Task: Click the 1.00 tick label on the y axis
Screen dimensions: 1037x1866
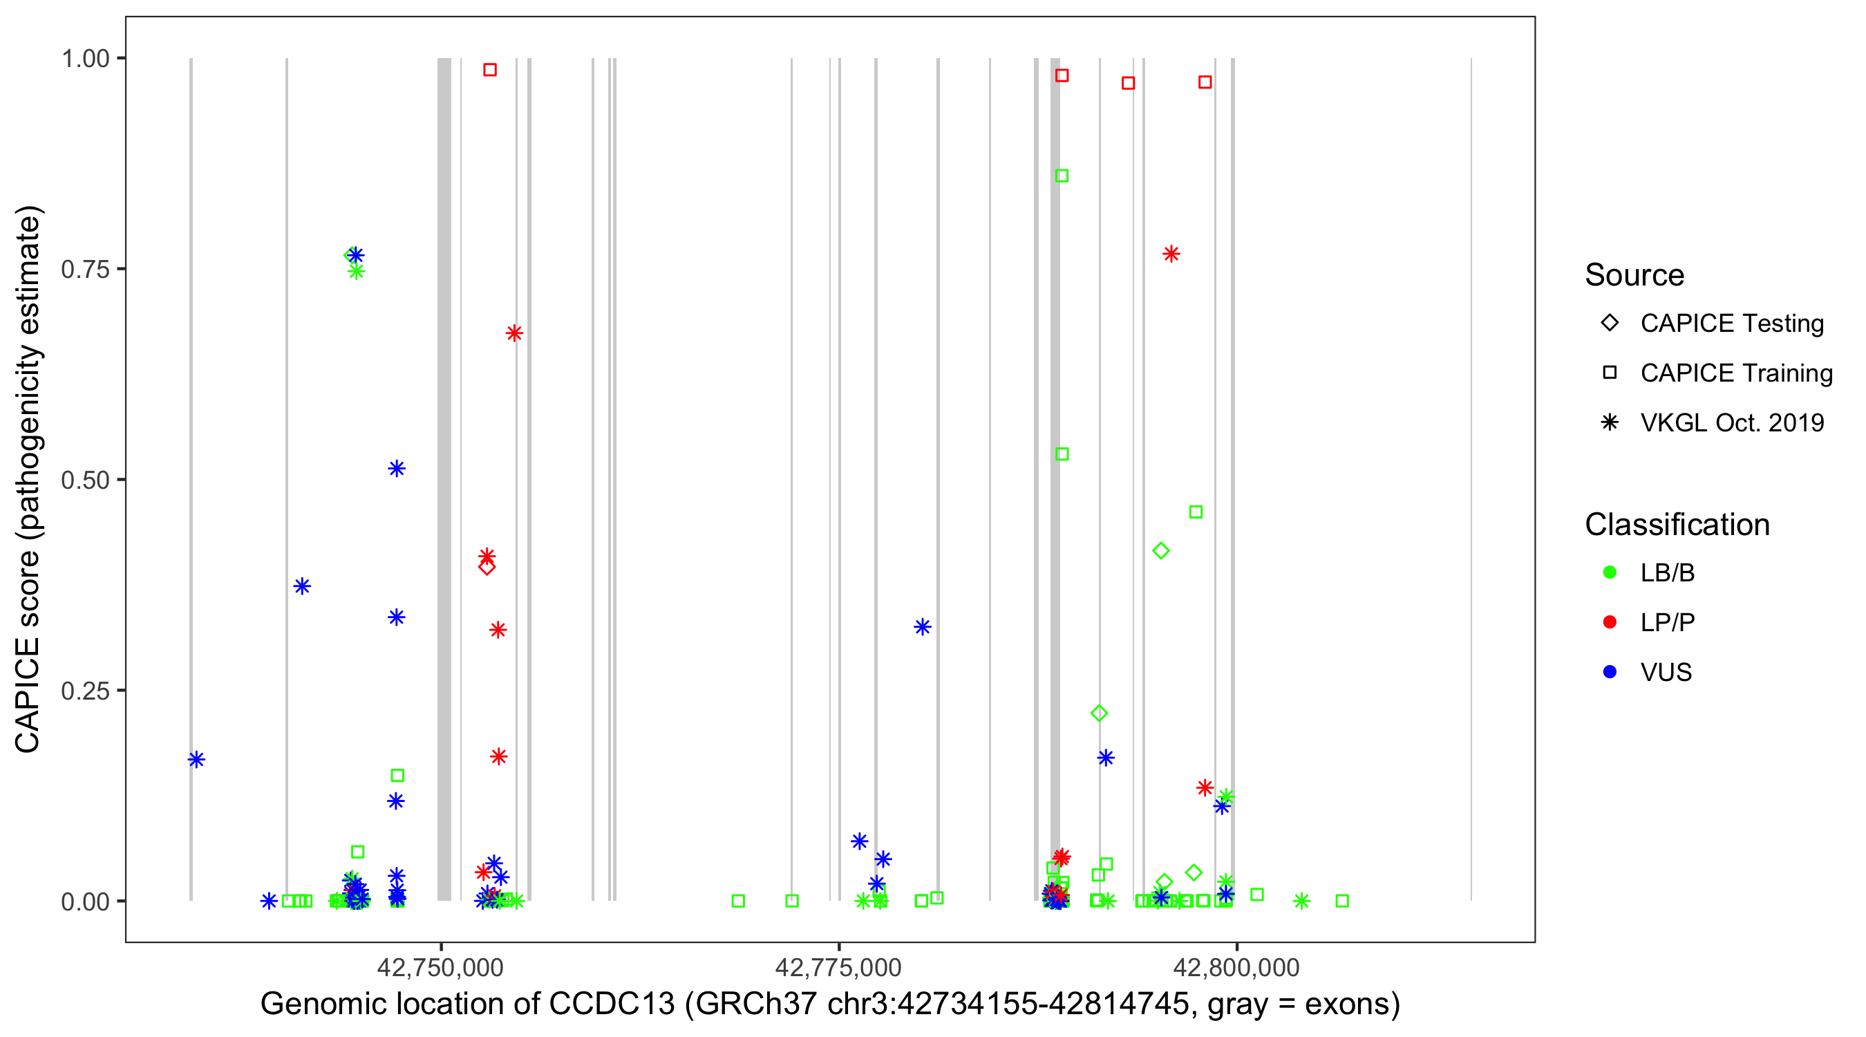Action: (x=85, y=58)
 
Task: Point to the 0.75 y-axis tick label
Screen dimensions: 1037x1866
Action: (x=85, y=269)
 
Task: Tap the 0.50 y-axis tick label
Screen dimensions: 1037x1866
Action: (x=85, y=480)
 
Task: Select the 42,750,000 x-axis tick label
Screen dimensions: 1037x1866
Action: (x=440, y=967)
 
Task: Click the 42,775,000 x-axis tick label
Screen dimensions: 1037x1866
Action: (x=838, y=967)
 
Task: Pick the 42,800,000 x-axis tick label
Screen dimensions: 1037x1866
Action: (x=1236, y=967)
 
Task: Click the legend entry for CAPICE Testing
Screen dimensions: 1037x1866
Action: (x=1732, y=324)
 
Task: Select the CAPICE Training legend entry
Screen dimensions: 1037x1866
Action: (x=1736, y=373)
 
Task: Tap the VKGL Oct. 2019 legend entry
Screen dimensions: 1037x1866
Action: (x=1732, y=422)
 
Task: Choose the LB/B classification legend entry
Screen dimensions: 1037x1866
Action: (x=1667, y=572)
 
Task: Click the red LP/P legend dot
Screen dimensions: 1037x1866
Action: (x=1610, y=622)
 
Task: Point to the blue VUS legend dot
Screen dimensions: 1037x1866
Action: (x=1610, y=672)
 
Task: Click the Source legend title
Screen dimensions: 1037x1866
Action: (x=1634, y=274)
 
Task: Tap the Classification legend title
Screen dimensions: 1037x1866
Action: (x=1677, y=524)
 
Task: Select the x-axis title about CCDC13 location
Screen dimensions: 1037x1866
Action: (x=830, y=1004)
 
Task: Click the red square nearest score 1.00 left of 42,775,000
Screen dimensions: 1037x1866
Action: (x=490, y=70)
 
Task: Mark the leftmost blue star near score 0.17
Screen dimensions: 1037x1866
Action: (x=196, y=760)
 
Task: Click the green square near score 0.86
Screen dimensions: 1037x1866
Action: (x=1062, y=176)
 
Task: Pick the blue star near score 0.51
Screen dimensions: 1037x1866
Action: (x=396, y=468)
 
